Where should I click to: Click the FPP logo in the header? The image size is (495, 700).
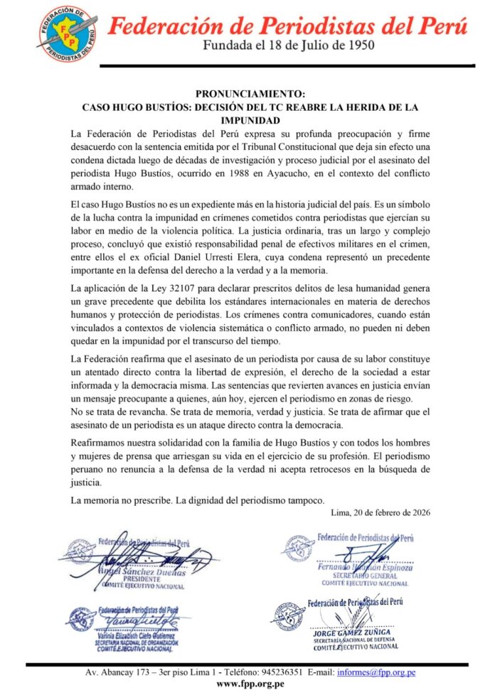point(68,33)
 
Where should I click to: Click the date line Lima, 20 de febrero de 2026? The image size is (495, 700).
point(380,512)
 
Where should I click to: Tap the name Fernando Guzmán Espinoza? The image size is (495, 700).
point(364,569)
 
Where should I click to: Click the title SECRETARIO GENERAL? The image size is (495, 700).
point(365,576)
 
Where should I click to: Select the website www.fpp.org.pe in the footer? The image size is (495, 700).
point(250,684)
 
